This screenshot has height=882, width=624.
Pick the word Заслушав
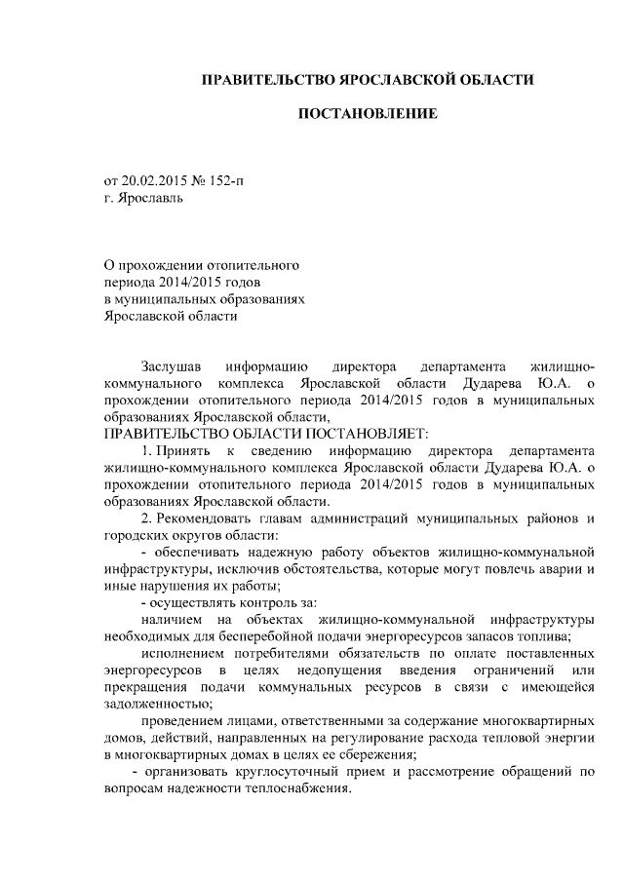171,367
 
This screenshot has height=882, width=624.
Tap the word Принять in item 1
181,451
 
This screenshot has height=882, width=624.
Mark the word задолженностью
154,704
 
